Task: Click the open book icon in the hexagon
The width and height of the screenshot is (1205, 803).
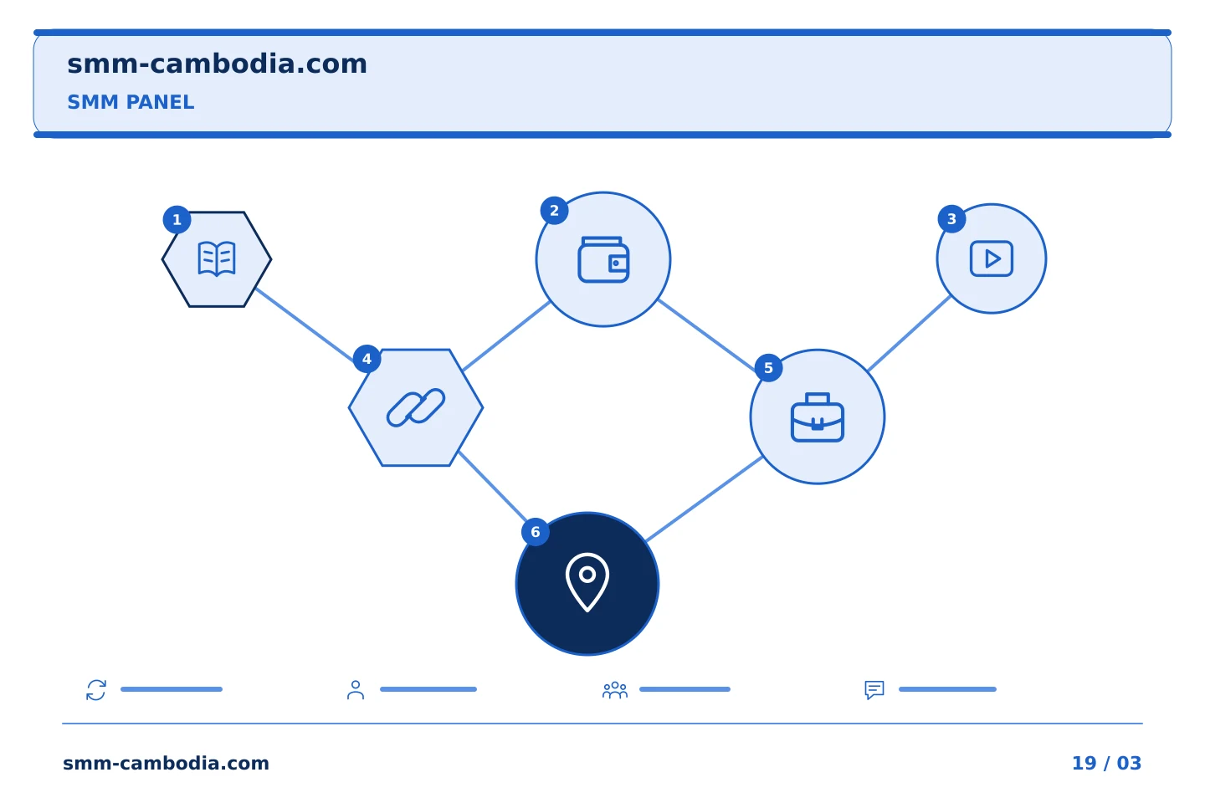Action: (216, 258)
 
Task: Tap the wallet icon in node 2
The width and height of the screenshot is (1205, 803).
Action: (603, 259)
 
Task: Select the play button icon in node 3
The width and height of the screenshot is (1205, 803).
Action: (991, 258)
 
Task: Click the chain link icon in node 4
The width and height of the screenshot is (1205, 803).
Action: (416, 407)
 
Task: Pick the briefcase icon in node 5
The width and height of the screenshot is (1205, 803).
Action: (817, 417)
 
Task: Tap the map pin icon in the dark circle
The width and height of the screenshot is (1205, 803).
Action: (587, 582)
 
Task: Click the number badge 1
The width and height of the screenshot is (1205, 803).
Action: (177, 219)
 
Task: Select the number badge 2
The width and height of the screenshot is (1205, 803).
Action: (554, 210)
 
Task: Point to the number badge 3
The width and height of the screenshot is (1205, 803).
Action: (951, 219)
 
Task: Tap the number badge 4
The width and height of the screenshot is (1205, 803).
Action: (367, 359)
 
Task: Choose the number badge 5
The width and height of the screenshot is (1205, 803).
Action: (768, 368)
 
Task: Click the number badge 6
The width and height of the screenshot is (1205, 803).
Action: (536, 532)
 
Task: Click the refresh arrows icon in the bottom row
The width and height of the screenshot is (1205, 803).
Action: (96, 689)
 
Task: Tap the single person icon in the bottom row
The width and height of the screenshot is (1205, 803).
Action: (356, 689)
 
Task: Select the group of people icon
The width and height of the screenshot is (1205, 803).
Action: (615, 690)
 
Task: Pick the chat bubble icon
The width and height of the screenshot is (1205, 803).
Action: (874, 690)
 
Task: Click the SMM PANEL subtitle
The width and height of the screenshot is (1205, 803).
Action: (131, 102)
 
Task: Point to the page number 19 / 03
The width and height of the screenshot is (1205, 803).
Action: (1106, 763)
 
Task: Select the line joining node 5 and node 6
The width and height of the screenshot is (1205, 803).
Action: (704, 499)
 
